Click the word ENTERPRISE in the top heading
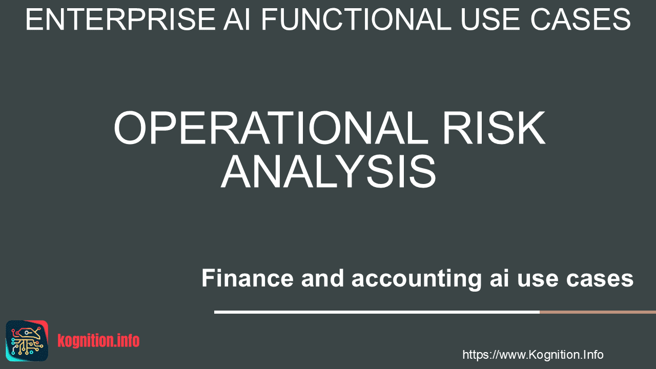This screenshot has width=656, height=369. (120, 19)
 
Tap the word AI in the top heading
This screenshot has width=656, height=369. (237, 19)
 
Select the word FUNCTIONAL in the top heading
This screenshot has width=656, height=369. (356, 19)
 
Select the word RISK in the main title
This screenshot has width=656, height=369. (494, 128)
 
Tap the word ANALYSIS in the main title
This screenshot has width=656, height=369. (329, 172)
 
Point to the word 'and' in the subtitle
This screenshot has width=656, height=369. (322, 278)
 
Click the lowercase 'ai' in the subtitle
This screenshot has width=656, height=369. (499, 278)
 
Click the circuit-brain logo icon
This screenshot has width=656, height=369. (27, 341)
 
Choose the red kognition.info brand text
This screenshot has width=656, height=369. (98, 341)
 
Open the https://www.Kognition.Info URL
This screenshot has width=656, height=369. (532, 355)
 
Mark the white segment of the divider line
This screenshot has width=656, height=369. (377, 312)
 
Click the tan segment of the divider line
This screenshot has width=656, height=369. (598, 312)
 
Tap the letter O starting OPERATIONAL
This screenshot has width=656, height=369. (130, 128)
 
